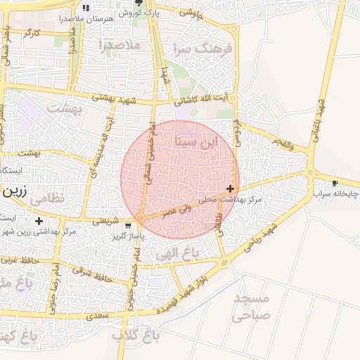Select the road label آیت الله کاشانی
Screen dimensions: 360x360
(202, 102)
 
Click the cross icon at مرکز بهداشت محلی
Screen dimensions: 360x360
(230, 188)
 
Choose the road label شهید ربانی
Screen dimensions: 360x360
(264, 238)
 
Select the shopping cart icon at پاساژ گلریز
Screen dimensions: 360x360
(127, 226)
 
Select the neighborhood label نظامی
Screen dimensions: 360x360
(48, 198)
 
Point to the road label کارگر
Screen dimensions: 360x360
(32, 32)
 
